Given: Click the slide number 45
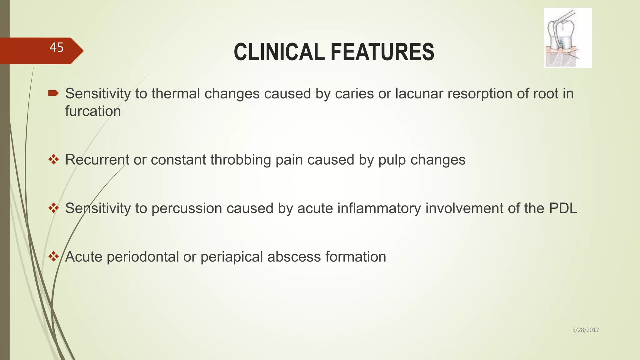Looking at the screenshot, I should (57, 47).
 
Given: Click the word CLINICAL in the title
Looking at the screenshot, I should (279, 52).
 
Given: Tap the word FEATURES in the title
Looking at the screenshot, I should (382, 52).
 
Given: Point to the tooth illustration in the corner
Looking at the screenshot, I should (567, 38).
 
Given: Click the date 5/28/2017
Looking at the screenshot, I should (585, 330).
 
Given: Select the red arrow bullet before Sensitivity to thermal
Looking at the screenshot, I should (53, 93).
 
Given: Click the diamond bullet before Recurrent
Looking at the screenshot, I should (53, 160).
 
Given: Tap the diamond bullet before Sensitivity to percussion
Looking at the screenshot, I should (53, 208).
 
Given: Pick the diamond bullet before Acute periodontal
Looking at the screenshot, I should (53, 257).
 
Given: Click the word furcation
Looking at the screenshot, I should (93, 111).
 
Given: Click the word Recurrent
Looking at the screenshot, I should (97, 160).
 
